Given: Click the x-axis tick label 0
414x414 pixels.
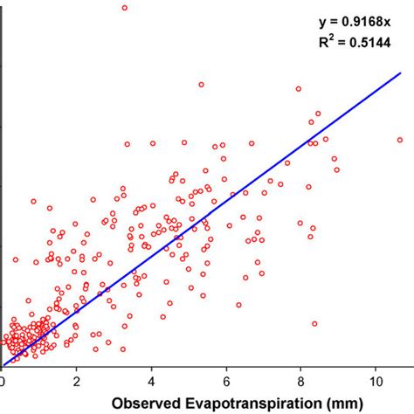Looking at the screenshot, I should (x=3, y=382).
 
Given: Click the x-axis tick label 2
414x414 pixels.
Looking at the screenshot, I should (x=77, y=382).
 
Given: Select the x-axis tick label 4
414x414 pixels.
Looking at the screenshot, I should (x=152, y=382).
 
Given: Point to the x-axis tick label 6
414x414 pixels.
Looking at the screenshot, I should (x=226, y=382).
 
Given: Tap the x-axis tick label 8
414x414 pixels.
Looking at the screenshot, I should (x=301, y=382).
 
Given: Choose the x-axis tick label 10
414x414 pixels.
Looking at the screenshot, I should (x=376, y=382).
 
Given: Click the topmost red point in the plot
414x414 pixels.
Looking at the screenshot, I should (x=125, y=7).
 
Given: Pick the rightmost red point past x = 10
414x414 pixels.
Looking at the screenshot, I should (x=400, y=140).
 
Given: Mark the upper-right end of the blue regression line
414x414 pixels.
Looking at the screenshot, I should (x=399, y=73).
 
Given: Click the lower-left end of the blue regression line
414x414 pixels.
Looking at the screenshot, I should (x=3, y=365).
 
